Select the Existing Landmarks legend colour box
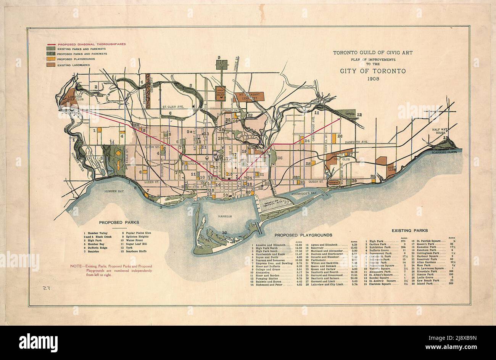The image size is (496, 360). [x=50, y=65]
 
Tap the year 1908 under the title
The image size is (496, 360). [x=373, y=79]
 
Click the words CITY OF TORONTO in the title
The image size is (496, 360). [x=373, y=71]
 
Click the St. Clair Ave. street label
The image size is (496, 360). [x=173, y=107]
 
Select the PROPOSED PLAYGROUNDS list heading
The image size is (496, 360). [x=303, y=235]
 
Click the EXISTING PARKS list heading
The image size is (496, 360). [x=409, y=230]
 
